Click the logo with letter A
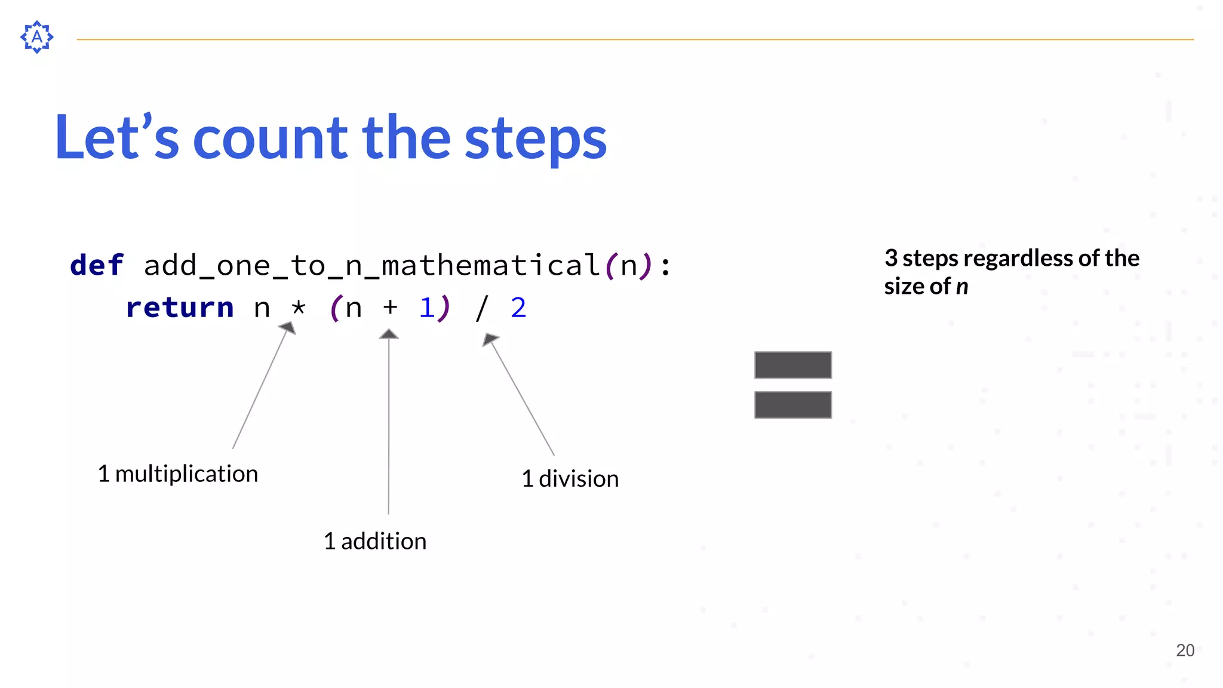(x=36, y=37)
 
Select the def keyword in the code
(x=97, y=265)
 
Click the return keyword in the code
(x=179, y=308)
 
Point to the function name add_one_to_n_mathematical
(x=371, y=265)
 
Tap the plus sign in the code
(x=390, y=307)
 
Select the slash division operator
(x=481, y=308)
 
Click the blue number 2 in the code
(x=518, y=308)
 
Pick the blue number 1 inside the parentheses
(x=426, y=308)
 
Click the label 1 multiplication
(x=178, y=474)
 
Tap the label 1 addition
(x=375, y=541)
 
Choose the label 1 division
(x=570, y=479)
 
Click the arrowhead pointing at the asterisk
(x=288, y=327)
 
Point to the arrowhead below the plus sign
(x=389, y=334)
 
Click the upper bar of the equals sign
(x=792, y=365)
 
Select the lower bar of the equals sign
(x=792, y=405)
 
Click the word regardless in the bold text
(x=1019, y=259)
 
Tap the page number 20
(x=1185, y=650)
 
